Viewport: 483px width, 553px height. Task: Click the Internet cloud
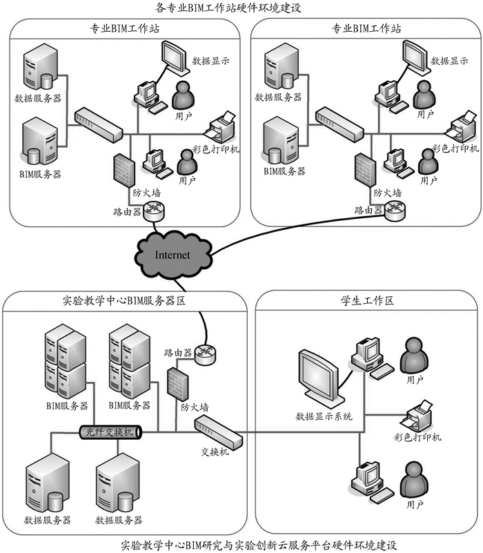tap(172, 254)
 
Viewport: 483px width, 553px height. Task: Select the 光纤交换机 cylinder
tap(111, 432)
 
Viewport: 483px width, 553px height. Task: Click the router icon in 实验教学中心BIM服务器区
tap(205, 354)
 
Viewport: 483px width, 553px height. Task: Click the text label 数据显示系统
tap(324, 416)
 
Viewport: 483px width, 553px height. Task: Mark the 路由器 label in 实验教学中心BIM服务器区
tap(177, 352)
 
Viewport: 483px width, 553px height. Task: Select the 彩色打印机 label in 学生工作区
tap(418, 437)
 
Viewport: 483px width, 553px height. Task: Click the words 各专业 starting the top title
tap(171, 8)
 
